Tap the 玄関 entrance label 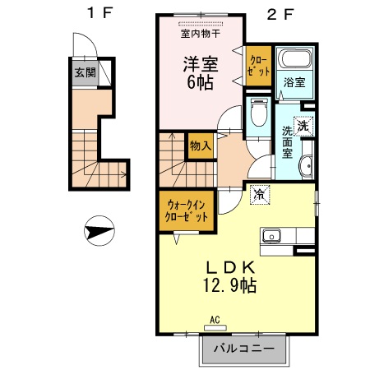(x=85, y=72)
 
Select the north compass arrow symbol (x=97, y=233)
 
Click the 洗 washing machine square (x=303, y=127)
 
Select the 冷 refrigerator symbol (x=259, y=195)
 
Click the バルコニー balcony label (x=244, y=348)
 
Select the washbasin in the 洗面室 (x=305, y=165)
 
